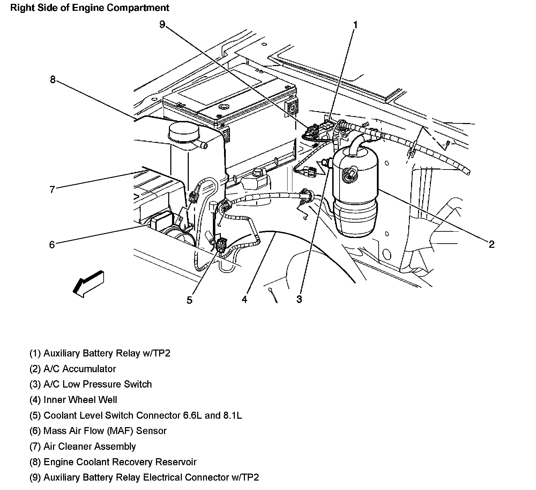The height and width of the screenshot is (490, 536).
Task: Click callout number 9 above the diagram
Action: [162, 24]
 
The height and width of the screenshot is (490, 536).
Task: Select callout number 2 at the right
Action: [491, 244]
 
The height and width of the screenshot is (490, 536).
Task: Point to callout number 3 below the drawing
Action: [299, 299]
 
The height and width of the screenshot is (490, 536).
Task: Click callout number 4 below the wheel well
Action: [244, 300]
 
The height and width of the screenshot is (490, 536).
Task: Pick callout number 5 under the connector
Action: [189, 300]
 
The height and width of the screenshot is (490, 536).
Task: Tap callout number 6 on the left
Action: [52, 245]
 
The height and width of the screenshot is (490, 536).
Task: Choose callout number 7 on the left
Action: [52, 189]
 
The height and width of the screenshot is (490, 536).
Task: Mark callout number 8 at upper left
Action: [52, 80]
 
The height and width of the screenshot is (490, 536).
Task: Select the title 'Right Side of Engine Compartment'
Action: [90, 8]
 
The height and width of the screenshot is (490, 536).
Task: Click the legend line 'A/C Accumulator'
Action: [73, 369]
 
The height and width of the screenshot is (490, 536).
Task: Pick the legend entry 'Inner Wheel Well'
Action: [73, 400]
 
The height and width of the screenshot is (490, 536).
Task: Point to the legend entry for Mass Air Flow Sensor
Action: [98, 431]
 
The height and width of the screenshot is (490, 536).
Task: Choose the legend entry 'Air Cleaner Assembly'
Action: [83, 446]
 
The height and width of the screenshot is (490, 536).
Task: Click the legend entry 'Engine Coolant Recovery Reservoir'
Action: [113, 462]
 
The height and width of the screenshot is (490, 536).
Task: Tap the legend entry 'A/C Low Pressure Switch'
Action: [91, 384]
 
